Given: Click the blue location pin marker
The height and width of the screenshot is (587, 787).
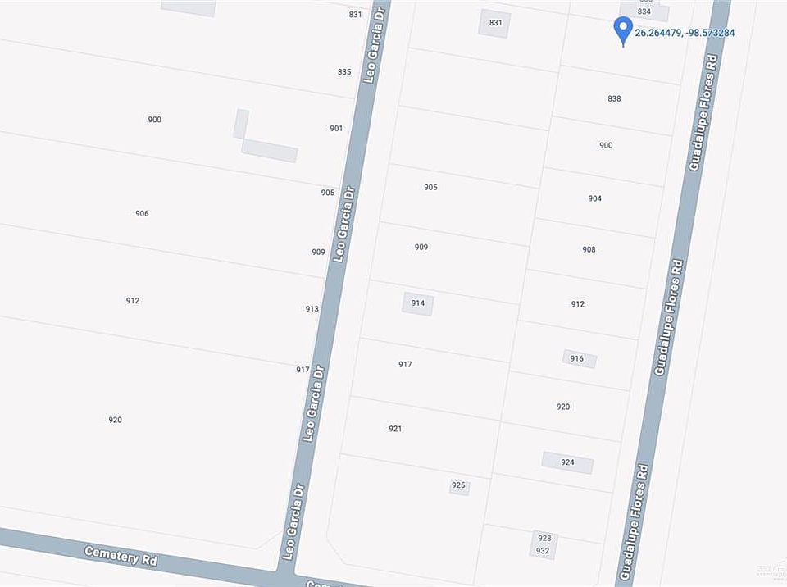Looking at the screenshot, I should point(623,30).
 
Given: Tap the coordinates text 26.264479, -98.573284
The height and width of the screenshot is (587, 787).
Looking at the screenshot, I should point(685,33).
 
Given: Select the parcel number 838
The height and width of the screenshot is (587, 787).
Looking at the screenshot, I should point(614,98).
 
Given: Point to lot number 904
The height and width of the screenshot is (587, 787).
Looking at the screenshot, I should point(594,198).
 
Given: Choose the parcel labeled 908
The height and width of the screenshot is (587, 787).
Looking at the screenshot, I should point(589,249).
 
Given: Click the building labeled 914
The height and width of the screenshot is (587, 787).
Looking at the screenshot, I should point(417,303).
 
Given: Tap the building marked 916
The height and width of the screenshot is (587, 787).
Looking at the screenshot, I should point(579,359).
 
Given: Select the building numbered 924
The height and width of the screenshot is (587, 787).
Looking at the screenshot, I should point(567,462).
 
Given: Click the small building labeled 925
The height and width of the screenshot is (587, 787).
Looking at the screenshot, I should point(458,485).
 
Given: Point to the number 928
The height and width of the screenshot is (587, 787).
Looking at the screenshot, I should point(543,538).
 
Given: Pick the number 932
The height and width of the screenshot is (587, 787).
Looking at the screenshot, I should point(543,551).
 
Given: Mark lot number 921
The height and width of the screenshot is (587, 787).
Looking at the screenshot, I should point(395,429).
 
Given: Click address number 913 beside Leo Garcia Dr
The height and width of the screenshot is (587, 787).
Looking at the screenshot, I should point(312,309).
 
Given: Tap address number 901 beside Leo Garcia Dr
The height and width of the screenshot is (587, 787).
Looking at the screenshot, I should point(336,128).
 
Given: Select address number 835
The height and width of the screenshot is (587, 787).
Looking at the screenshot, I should point(344,72).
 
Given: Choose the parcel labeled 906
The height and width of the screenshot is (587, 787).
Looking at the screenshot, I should point(142,213).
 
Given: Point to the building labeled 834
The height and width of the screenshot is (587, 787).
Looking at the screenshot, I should point(644,11).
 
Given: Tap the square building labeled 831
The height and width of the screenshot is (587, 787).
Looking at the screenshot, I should point(494,22).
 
